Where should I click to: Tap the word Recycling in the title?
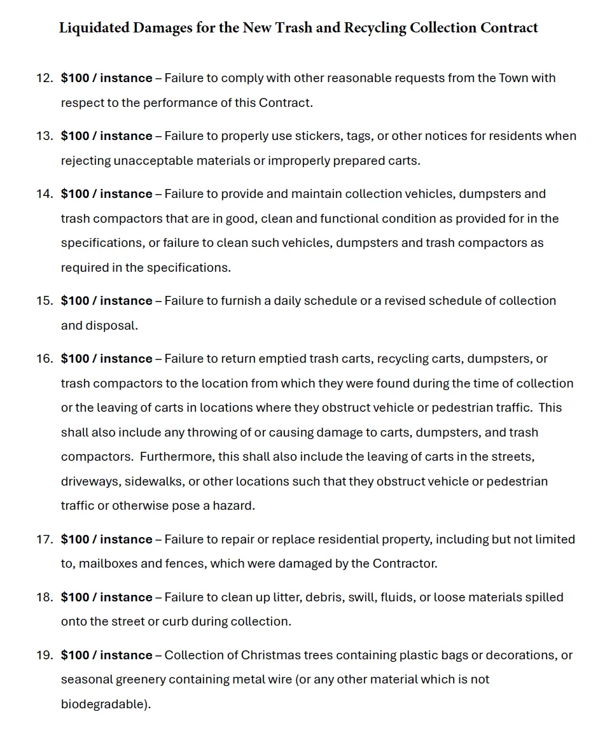click(374, 28)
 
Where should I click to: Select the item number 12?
click(44, 78)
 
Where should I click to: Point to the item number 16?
click(44, 359)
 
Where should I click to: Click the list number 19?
click(44, 655)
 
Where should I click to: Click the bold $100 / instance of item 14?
click(106, 194)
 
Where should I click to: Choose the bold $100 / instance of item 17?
click(106, 540)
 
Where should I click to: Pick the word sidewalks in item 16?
click(153, 482)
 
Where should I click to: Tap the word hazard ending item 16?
click(233, 507)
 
